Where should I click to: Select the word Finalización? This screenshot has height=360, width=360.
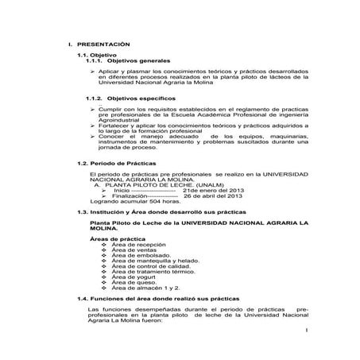pos(132,197)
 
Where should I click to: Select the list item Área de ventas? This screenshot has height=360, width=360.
pos(132,250)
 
